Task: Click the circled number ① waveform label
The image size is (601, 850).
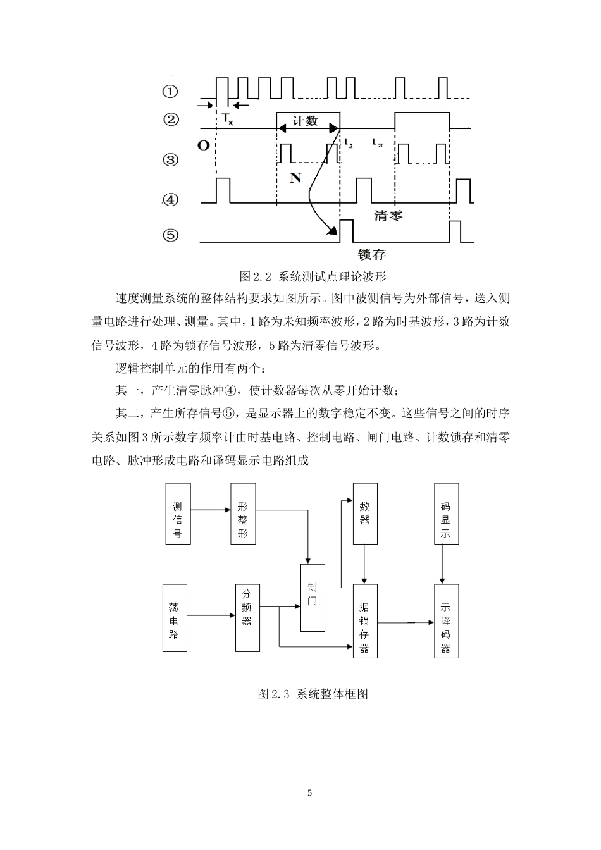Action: pos(170,92)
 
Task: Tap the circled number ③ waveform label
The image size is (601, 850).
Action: pos(170,159)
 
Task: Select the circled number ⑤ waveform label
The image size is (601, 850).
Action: pos(170,235)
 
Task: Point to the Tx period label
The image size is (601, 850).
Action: pos(226,120)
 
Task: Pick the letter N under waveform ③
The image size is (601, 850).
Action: pos(295,178)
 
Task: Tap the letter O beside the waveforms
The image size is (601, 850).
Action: pos(203,145)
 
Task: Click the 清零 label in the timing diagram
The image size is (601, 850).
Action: pos(388,216)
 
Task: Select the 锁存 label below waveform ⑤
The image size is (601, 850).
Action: pos(371,255)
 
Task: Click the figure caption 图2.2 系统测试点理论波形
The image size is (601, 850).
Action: pos(313,276)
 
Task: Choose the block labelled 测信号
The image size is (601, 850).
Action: pos(178,514)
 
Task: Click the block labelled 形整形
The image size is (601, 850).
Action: pos(243,514)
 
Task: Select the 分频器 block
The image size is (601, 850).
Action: pos(247,619)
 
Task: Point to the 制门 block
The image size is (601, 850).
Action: pos(313,598)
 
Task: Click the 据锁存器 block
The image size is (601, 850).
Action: pos(364,621)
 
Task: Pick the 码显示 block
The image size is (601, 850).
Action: pos(446,514)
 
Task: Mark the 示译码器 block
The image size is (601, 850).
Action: pos(446,621)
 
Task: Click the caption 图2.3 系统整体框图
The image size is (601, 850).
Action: pos(313,694)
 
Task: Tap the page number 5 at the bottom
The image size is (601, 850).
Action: pos(310,793)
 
